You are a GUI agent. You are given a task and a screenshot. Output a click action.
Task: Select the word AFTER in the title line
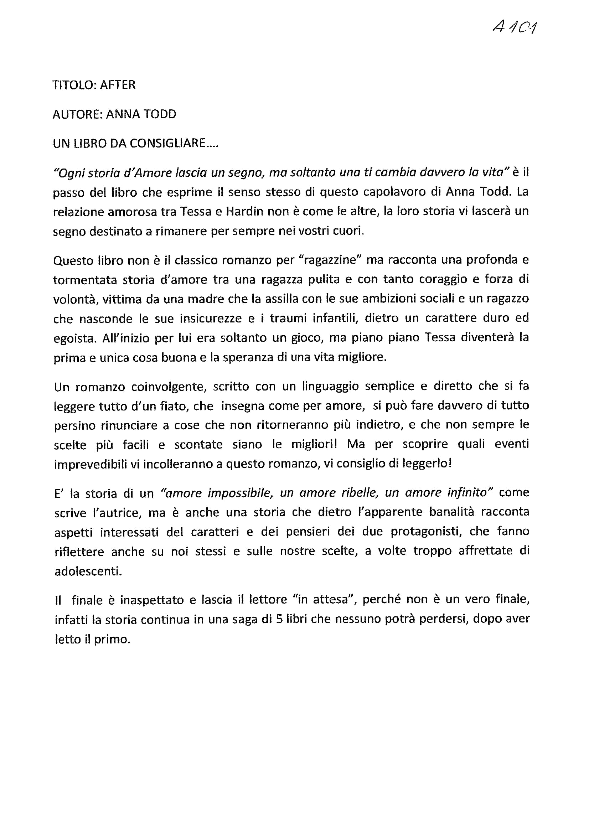point(118,85)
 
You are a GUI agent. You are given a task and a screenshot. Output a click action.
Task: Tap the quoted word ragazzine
point(327,260)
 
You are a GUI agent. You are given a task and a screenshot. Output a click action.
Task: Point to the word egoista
point(74,338)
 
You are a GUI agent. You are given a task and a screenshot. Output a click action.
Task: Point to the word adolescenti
point(88,571)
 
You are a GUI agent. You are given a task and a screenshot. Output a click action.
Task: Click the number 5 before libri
point(279,620)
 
